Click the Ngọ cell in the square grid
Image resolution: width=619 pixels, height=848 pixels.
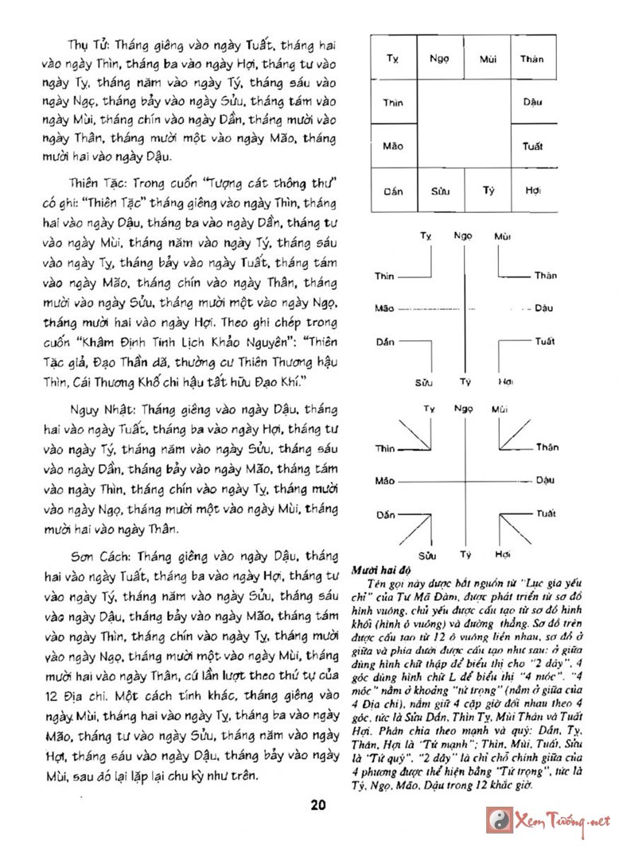click(x=439, y=58)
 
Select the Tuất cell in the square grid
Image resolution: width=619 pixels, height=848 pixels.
click(x=532, y=146)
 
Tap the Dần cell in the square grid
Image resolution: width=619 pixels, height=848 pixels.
click(x=393, y=191)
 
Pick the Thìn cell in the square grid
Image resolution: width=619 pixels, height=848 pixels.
click(x=393, y=103)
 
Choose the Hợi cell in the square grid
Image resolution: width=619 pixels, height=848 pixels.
click(x=532, y=191)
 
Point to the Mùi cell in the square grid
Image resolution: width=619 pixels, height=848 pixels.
click(x=487, y=58)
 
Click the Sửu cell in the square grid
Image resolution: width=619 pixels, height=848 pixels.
click(x=439, y=191)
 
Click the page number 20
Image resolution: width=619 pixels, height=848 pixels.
click(x=317, y=804)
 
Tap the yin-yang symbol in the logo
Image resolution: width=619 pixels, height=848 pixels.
click(x=499, y=819)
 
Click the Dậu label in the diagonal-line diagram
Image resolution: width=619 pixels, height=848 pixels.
click(x=544, y=480)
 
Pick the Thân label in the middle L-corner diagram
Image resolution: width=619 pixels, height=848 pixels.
click(x=545, y=276)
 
